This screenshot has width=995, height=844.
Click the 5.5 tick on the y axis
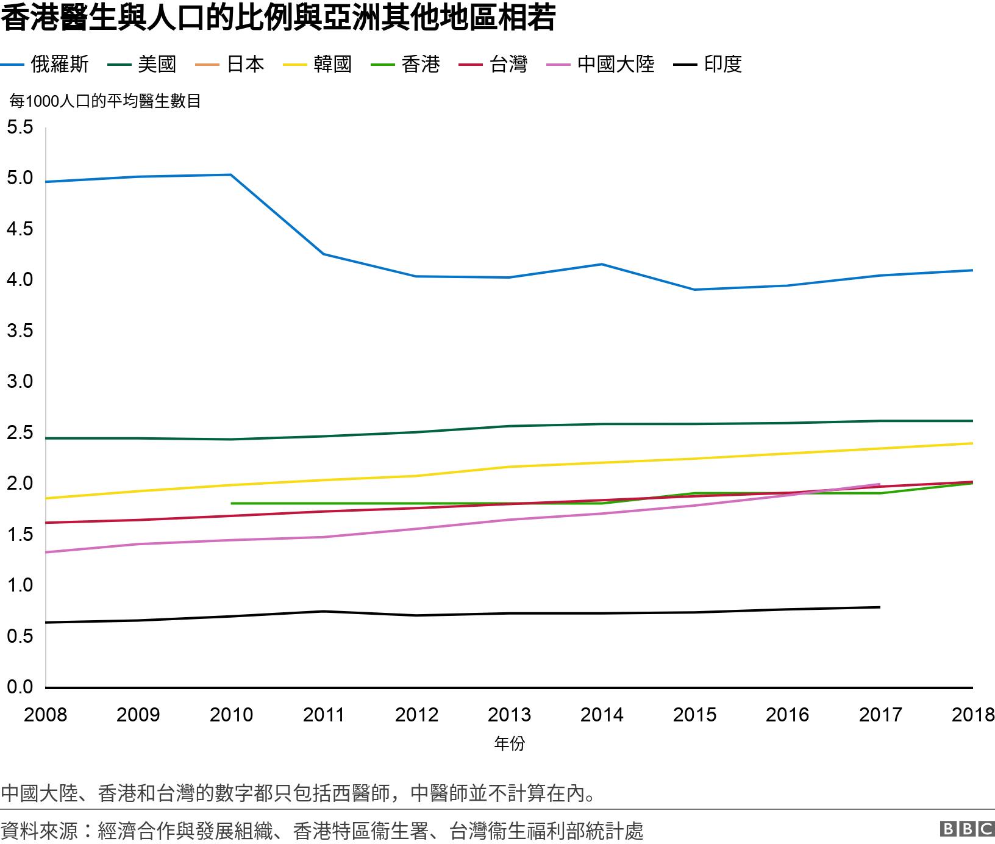[20, 127]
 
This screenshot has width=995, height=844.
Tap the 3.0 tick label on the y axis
[20, 382]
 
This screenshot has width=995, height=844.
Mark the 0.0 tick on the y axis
[20, 687]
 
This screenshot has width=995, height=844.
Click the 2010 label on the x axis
[231, 714]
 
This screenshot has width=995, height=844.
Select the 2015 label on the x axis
[694, 714]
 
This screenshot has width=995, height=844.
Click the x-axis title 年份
[509, 743]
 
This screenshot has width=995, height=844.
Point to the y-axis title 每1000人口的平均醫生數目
[105, 101]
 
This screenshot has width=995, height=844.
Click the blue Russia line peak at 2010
[231, 175]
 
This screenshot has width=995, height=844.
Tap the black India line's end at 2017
[879, 607]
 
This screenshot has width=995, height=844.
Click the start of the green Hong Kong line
[232, 503]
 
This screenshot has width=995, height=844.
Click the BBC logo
[967, 829]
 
